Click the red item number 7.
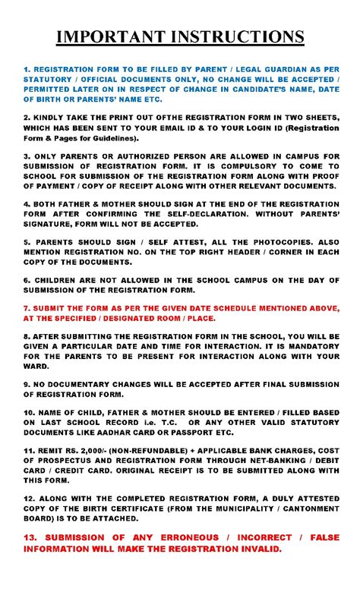26,308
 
